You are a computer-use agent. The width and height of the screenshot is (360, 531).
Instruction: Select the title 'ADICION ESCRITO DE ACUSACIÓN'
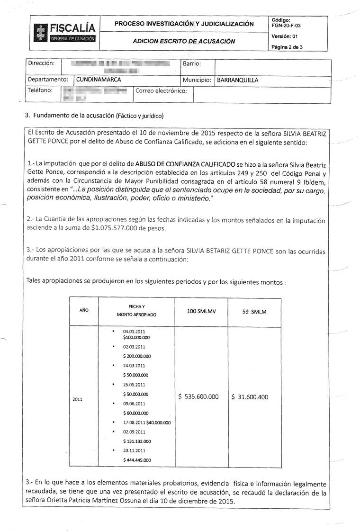tap(184, 41)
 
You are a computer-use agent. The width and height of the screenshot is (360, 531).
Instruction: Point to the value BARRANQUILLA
tap(238, 80)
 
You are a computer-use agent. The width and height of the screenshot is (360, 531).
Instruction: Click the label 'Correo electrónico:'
tap(162, 90)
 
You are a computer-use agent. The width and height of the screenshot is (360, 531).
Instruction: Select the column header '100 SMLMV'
tap(201, 312)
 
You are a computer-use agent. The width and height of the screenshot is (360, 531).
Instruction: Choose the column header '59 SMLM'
tap(254, 312)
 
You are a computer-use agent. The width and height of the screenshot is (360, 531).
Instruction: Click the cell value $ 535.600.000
tap(198, 396)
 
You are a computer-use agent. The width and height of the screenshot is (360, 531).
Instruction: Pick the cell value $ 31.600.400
tap(250, 397)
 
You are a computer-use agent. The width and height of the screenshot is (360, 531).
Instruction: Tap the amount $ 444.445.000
tap(137, 460)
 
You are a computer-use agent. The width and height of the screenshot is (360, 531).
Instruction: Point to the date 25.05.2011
tap(134, 385)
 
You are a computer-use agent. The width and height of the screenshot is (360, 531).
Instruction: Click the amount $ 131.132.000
tap(137, 441)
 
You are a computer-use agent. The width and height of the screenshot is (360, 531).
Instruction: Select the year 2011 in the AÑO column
tap(78, 399)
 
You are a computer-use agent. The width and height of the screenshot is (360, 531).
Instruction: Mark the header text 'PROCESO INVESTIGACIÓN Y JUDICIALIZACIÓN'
tap(184, 24)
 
